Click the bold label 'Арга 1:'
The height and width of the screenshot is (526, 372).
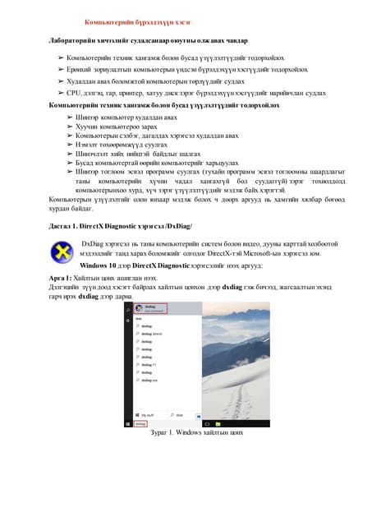[63, 279]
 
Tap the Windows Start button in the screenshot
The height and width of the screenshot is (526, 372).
[136, 424]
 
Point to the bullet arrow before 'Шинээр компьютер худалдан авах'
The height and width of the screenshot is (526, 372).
[70, 118]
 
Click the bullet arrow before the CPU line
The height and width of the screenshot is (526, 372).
[61, 93]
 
